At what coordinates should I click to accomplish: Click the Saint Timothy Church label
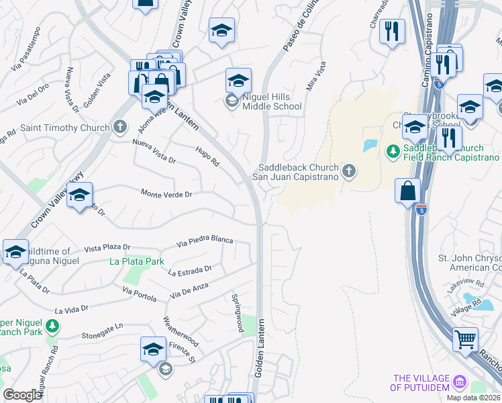point(64,128)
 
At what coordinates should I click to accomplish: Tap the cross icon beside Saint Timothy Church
point(120,127)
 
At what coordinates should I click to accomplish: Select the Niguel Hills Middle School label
point(272,101)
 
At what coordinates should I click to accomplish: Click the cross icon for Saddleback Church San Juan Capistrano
point(348,171)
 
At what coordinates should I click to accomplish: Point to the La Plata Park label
point(138,261)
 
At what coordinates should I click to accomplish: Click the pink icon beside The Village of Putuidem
point(460,382)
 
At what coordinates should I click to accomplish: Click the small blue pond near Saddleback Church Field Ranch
point(370,145)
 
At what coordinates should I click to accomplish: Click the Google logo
point(23,395)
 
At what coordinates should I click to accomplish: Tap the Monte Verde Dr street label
point(166,193)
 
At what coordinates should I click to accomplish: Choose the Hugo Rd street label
point(207,157)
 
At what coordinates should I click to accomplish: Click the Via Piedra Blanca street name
point(205,240)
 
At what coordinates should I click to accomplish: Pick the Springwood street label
point(237,312)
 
